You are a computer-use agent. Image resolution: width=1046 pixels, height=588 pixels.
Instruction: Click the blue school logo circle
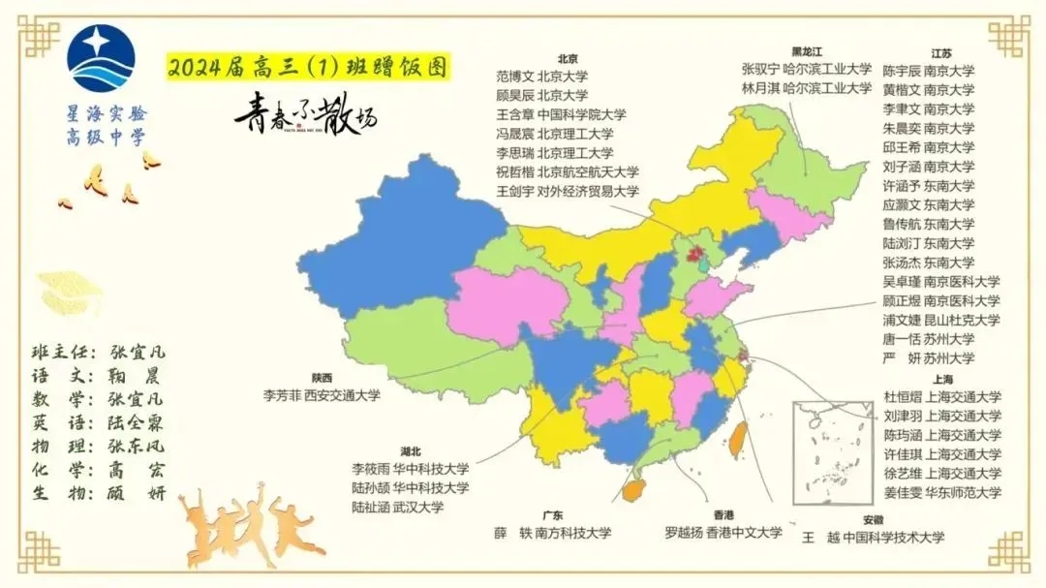[101, 59]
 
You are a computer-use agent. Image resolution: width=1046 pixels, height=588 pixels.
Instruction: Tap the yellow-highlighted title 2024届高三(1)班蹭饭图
[308, 68]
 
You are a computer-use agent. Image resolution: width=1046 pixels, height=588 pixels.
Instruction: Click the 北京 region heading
[568, 57]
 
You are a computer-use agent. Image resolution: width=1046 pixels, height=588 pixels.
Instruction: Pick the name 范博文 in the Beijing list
[514, 77]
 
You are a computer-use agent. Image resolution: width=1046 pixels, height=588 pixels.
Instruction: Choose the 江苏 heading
[941, 53]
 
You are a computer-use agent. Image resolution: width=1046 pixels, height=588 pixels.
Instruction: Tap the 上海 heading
[940, 379]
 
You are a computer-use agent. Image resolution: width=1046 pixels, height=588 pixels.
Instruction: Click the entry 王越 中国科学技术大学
[873, 538]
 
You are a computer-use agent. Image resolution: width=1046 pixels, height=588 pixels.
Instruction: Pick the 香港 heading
[723, 514]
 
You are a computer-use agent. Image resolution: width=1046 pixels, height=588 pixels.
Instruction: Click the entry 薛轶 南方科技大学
[552, 533]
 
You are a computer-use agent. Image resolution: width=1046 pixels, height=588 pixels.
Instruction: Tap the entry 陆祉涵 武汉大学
[397, 507]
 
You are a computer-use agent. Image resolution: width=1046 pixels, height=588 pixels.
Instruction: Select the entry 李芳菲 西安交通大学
[322, 395]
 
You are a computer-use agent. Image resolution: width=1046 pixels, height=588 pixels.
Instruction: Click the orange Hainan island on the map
[633, 490]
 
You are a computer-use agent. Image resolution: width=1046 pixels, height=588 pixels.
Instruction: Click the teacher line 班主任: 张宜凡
[99, 352]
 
